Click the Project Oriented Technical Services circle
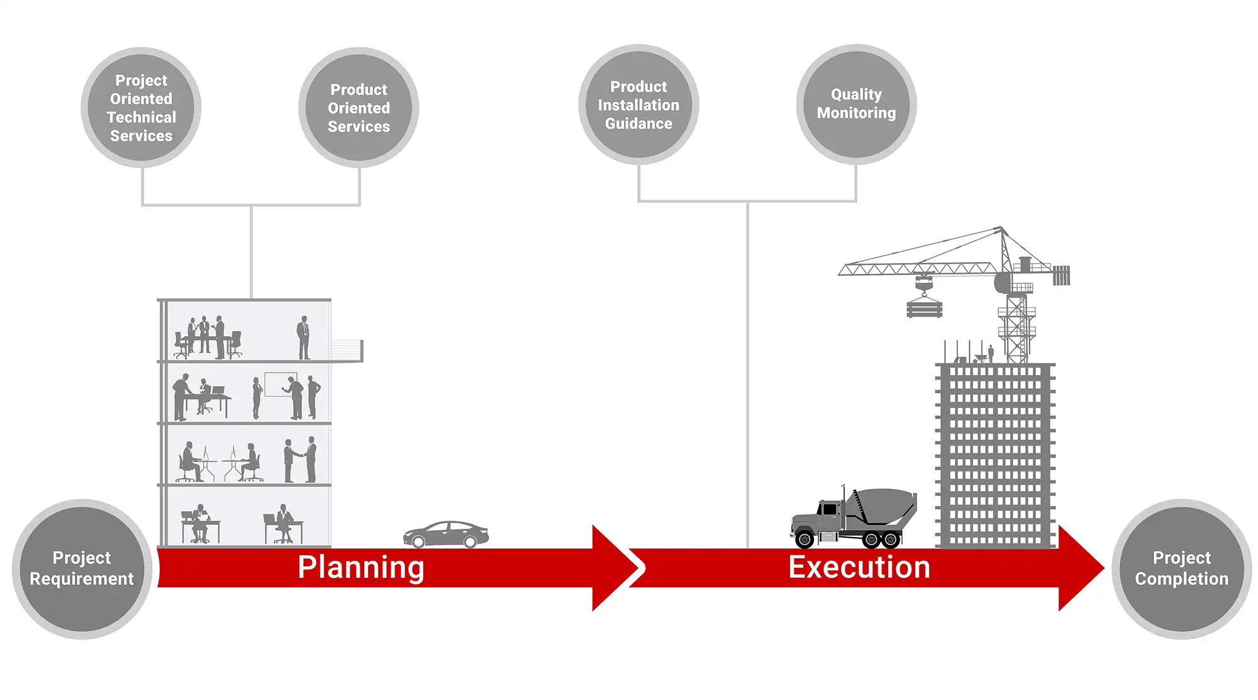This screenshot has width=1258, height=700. click(141, 108)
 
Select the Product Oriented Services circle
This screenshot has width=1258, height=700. click(359, 108)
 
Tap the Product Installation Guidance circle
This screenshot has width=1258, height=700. click(638, 104)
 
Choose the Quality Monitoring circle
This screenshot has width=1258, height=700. click(856, 104)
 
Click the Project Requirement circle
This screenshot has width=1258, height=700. click(82, 568)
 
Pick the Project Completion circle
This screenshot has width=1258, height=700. click(1181, 568)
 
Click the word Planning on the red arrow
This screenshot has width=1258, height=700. click(361, 567)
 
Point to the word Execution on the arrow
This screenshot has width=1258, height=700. click(859, 567)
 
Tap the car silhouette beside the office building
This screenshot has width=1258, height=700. click(446, 534)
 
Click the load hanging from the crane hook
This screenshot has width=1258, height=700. click(924, 308)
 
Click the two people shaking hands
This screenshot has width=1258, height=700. click(301, 460)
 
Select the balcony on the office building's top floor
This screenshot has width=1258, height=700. click(347, 350)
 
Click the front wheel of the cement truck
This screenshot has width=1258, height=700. click(804, 538)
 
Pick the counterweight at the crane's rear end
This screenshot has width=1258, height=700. click(1062, 275)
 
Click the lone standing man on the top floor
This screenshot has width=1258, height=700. click(304, 337)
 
